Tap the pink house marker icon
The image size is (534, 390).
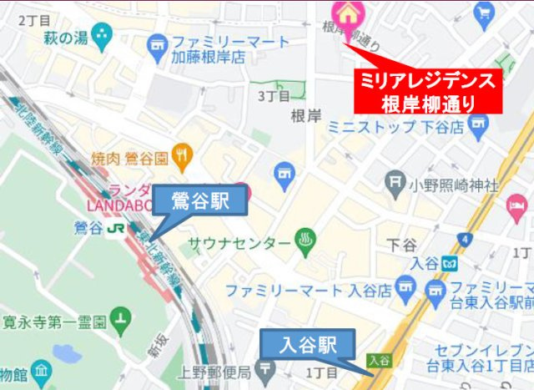point(344,13)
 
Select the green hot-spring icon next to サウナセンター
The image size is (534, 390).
point(305,243)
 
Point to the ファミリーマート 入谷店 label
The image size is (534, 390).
point(309,291)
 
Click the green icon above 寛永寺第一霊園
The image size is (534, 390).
point(123,317)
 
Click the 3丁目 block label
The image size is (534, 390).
point(273,97)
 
